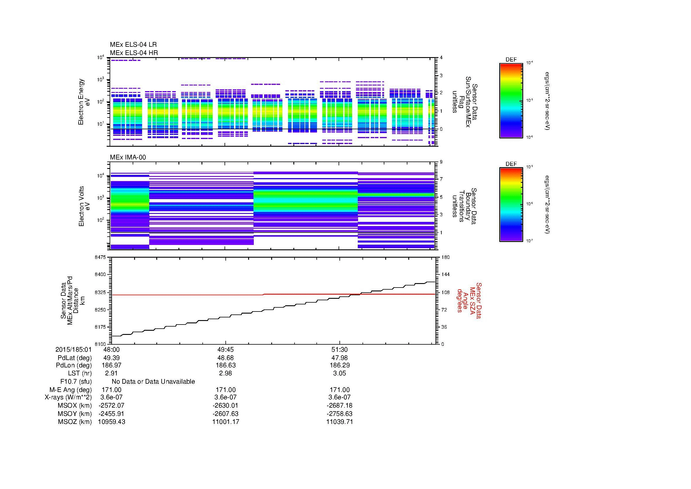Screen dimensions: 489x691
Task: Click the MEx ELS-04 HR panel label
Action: coord(134,53)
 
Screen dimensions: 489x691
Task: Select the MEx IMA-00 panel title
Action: coord(128,157)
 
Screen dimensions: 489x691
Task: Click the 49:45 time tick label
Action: coord(225,350)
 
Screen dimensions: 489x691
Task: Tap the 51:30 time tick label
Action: coord(339,350)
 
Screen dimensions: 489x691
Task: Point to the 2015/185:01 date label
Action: coord(73,350)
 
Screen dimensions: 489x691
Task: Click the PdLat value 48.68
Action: coord(225,358)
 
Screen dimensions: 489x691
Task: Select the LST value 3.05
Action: coord(339,373)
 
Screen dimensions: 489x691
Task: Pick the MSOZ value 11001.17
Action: coord(225,422)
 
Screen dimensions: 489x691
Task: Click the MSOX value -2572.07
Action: coord(111,406)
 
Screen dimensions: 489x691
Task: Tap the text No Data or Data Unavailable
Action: coord(153,382)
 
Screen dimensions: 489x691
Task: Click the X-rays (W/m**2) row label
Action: coord(68,397)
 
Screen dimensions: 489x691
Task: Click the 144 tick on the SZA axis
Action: coord(445,275)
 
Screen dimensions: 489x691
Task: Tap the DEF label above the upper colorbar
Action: coord(511,60)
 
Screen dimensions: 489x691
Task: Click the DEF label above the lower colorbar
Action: coord(511,164)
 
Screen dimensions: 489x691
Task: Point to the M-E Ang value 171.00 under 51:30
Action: coord(339,390)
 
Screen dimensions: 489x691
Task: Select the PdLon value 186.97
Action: coord(111,365)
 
